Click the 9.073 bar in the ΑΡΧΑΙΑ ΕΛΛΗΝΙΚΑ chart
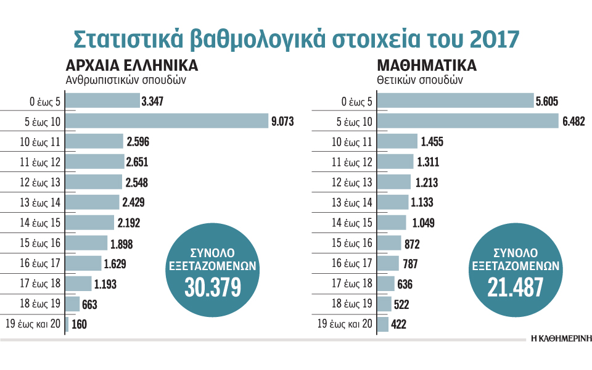pos(166,121)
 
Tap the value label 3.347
pos(152,102)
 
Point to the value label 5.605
pos(548,102)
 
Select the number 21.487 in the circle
pos(516,286)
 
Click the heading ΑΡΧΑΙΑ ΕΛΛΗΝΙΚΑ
pos(131,66)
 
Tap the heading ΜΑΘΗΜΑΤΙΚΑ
pos(426,66)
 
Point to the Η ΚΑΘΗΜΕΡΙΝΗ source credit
pos(560,339)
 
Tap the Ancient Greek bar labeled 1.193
pos(78,284)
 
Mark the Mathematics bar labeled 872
pos(388,244)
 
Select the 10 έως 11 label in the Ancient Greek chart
pos(39,142)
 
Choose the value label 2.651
pos(138,162)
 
